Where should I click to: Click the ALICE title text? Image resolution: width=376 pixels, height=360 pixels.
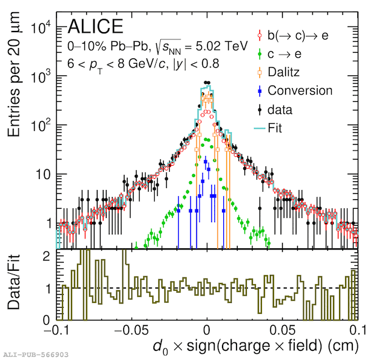click(x=95, y=26)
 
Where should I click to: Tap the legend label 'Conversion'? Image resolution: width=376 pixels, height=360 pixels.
click(x=300, y=90)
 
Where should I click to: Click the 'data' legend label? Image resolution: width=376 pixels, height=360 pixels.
click(x=280, y=110)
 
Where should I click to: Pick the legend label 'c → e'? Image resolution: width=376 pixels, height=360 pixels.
click(x=285, y=54)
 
